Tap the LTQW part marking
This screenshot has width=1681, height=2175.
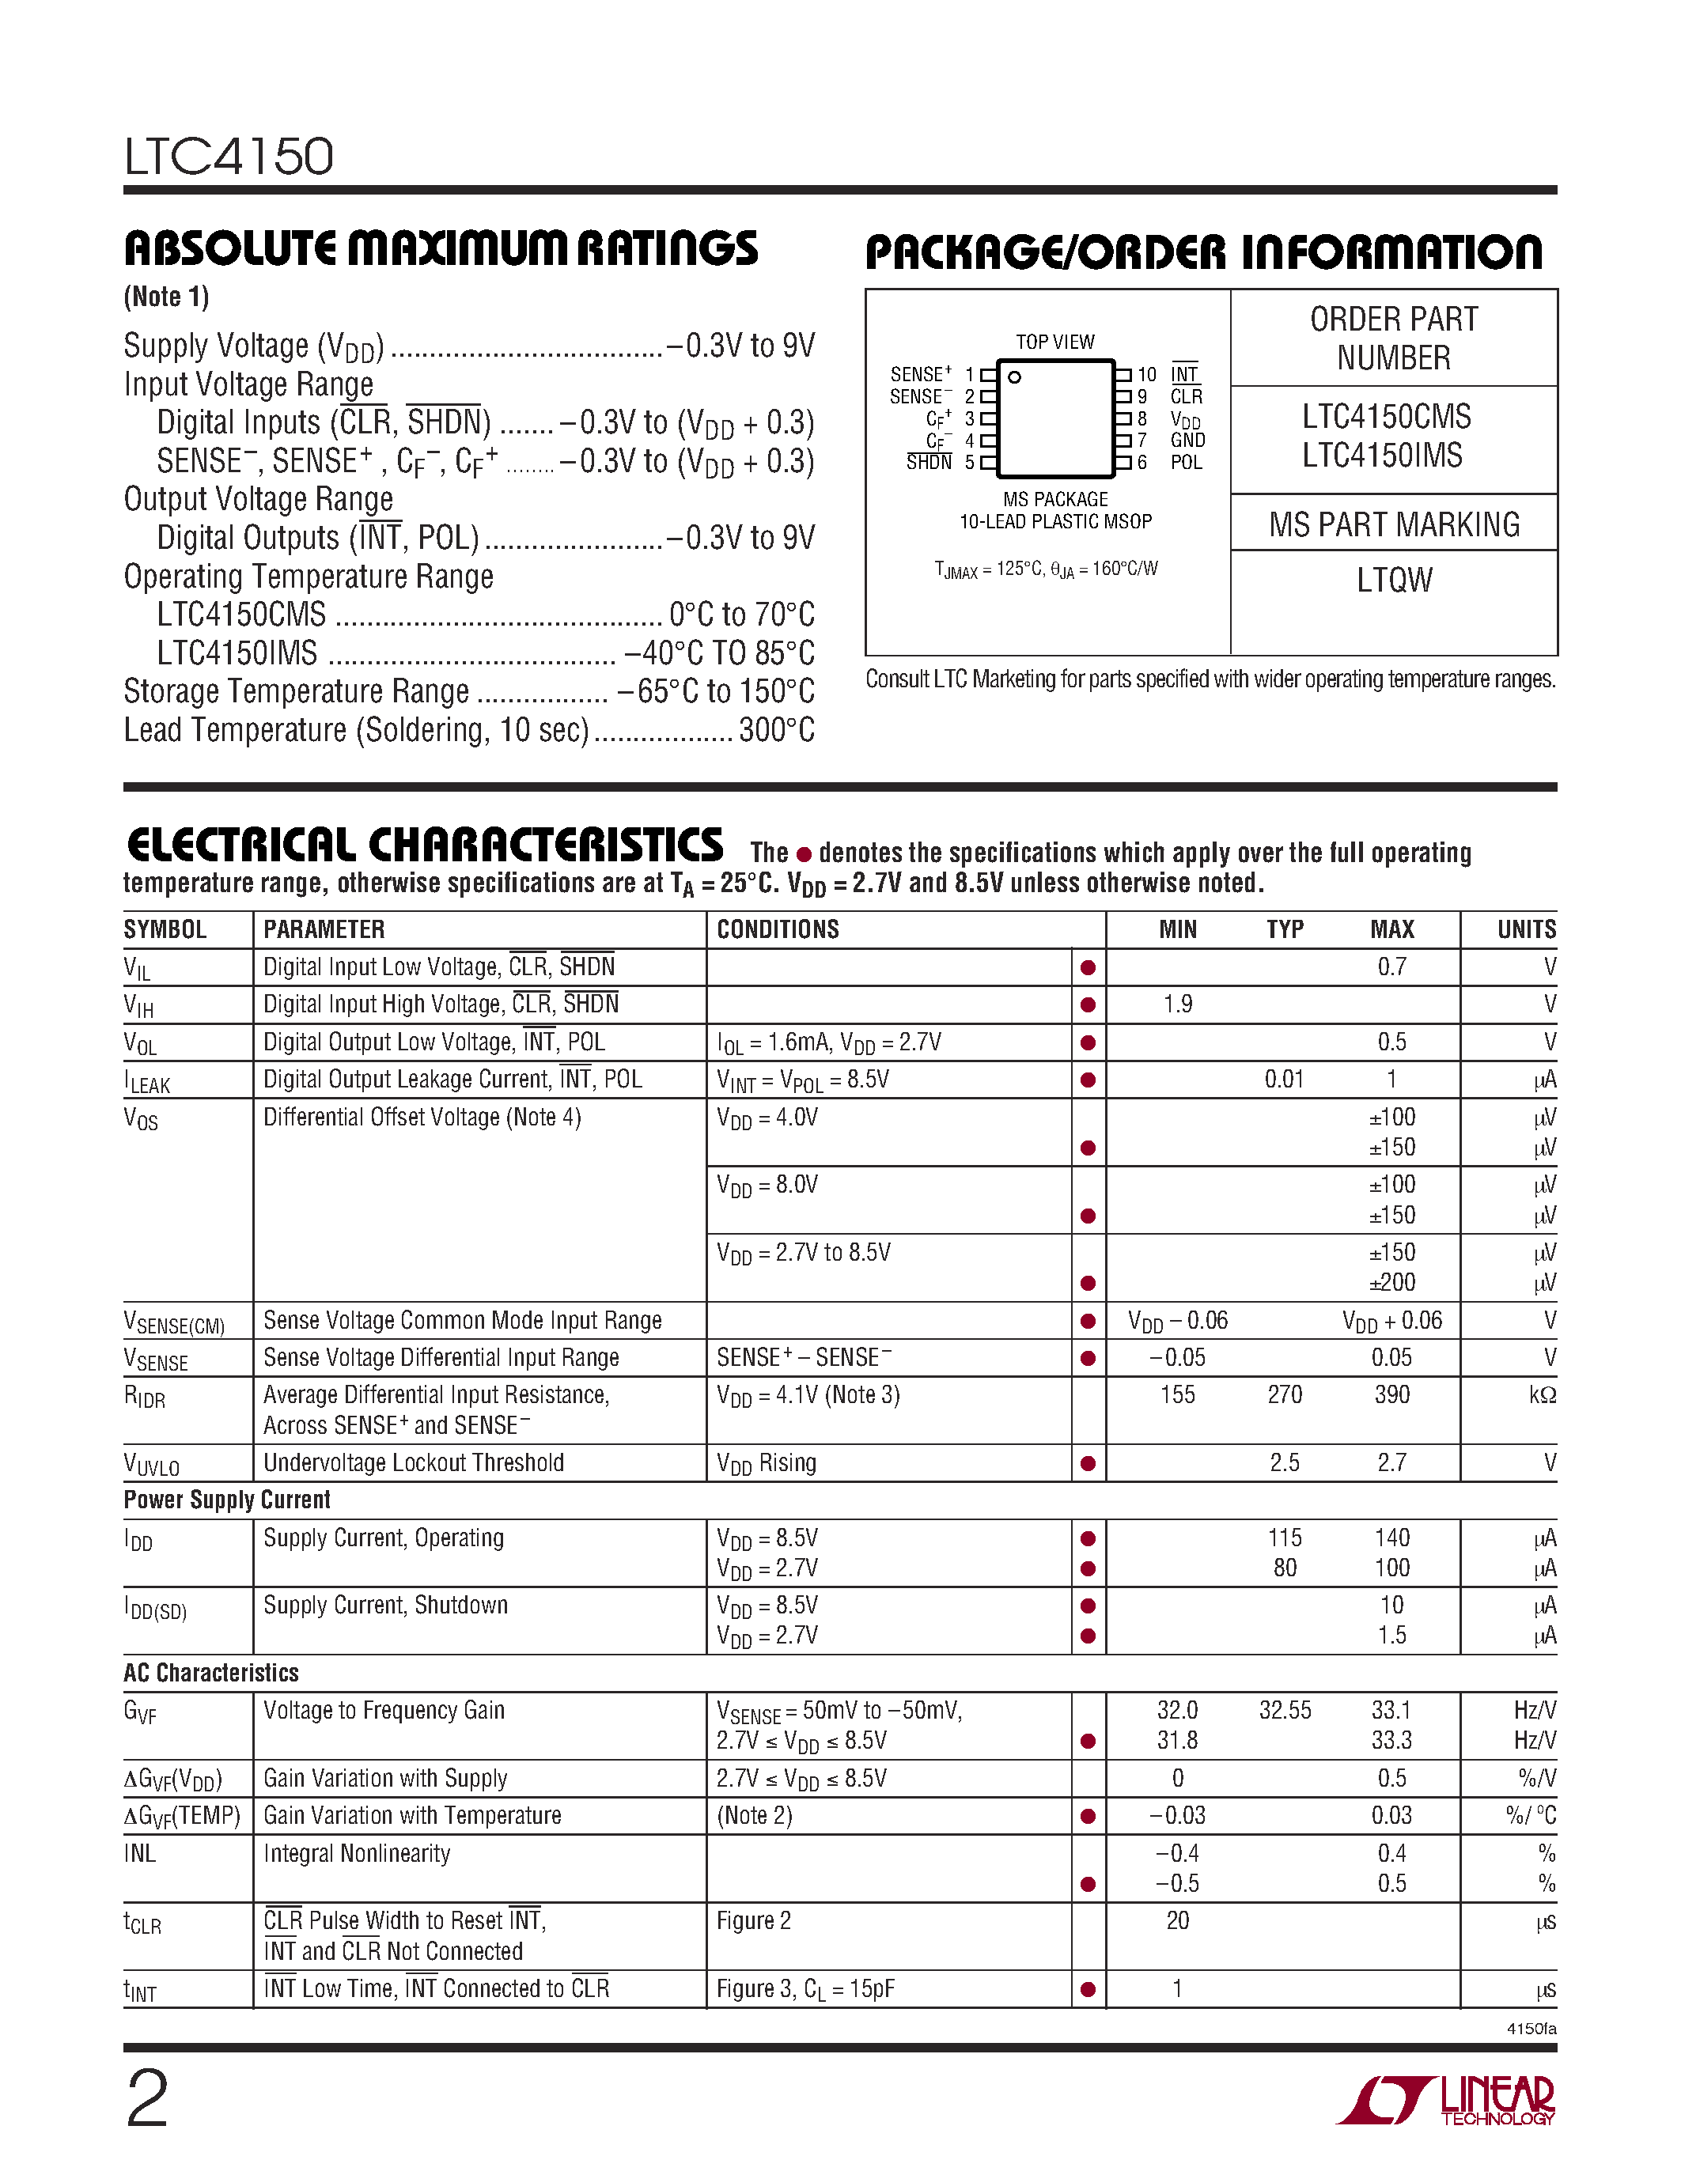click(1393, 580)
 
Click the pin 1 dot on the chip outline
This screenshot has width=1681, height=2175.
click(1015, 377)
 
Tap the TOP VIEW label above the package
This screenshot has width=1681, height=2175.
click(1054, 342)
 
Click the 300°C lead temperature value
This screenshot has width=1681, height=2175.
click(777, 730)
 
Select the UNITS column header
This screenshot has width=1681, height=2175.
click(1526, 929)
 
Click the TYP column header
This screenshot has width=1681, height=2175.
click(1285, 929)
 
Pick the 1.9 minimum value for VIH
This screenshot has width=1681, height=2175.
click(1177, 1004)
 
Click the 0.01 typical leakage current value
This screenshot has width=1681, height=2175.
click(1284, 1079)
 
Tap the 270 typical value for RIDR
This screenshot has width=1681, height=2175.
click(1285, 1394)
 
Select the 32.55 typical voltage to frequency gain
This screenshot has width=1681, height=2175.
click(1285, 1710)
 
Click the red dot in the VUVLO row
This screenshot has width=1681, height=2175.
click(1088, 1463)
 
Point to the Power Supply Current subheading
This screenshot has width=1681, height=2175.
click(227, 1500)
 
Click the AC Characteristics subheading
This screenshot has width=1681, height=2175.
click(211, 1673)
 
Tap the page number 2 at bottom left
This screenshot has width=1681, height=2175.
click(147, 2098)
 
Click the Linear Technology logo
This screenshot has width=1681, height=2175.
click(1446, 2101)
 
